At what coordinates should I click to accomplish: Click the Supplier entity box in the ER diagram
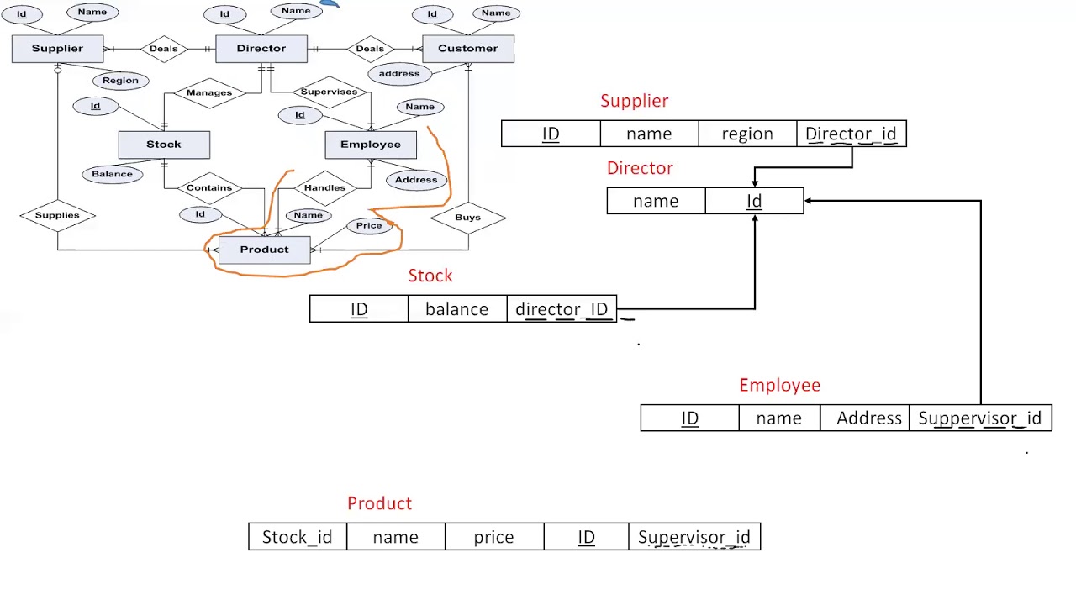[57, 49]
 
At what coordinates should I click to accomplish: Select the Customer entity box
[467, 49]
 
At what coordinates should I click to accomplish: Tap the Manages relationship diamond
[209, 92]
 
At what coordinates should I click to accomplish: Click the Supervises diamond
[329, 92]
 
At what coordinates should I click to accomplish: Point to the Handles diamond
[324, 187]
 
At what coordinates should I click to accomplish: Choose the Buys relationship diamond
[467, 217]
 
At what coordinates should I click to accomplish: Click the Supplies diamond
[57, 215]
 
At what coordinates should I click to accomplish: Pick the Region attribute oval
[120, 81]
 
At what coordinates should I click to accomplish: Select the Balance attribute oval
[112, 174]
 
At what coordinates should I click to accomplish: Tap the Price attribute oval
[369, 225]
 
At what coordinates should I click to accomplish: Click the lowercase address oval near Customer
[399, 74]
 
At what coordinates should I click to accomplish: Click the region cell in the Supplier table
[746, 134]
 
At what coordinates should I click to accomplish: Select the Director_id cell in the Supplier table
[851, 134]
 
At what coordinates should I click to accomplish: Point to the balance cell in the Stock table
[456, 309]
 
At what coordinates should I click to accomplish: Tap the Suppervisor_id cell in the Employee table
[979, 418]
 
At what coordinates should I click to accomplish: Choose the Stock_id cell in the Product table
[297, 537]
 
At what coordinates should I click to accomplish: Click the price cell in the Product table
[493, 537]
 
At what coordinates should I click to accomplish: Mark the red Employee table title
[779, 385]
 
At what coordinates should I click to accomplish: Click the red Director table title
[640, 168]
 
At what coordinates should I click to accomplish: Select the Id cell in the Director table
[754, 202]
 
